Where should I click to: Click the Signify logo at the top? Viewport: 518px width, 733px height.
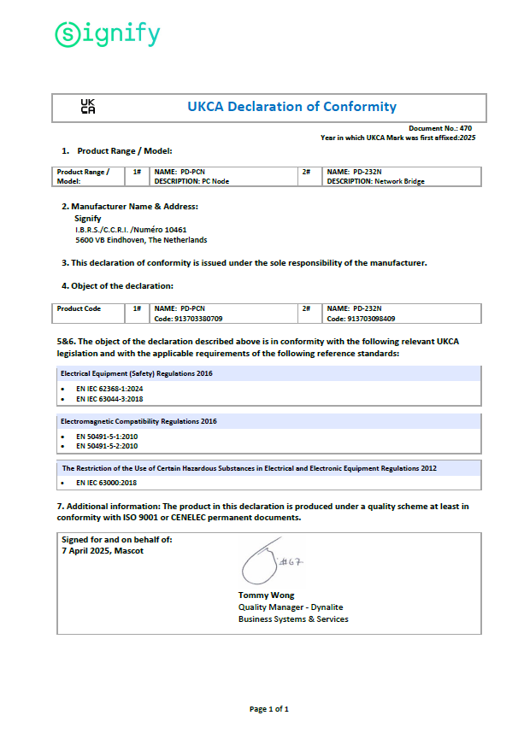107,34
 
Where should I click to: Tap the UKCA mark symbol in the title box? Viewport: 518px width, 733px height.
88,107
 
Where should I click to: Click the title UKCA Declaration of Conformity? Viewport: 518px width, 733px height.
291,107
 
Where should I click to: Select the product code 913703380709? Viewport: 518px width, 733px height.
188,319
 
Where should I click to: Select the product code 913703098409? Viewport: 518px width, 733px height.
361,319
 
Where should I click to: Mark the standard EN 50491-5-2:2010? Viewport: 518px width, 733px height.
107,445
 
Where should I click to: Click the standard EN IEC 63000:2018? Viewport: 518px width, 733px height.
106,483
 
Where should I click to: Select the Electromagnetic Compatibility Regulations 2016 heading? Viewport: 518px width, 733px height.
138,421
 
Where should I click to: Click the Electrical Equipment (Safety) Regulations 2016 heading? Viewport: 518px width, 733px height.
136,373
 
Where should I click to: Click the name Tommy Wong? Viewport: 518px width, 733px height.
266,595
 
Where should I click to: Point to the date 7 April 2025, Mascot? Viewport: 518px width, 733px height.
103,550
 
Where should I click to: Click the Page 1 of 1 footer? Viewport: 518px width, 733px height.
268,709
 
